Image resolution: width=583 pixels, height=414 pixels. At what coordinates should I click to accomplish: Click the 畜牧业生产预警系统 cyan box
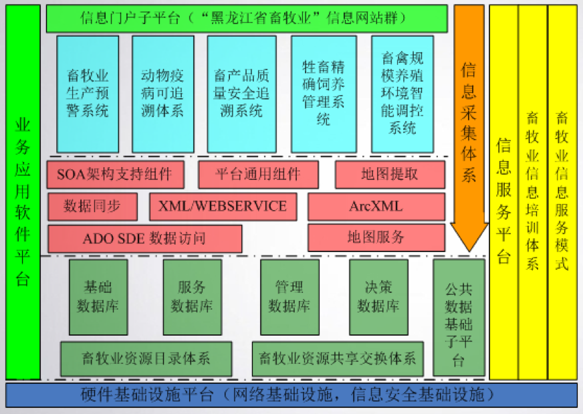[x=88, y=94]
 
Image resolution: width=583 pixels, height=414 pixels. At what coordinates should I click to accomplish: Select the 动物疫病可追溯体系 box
[x=162, y=94]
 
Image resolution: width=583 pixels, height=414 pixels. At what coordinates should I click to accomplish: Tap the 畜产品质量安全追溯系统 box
[x=241, y=94]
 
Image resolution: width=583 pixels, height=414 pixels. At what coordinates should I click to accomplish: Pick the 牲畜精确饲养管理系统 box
[x=324, y=94]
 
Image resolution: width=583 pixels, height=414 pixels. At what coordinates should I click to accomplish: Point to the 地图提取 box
[x=390, y=175]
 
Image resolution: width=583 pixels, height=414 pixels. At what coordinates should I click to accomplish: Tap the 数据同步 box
[x=92, y=207]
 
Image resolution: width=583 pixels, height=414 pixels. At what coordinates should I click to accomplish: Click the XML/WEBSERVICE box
[x=223, y=207]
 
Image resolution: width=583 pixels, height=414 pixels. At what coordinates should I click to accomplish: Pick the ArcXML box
[x=376, y=207]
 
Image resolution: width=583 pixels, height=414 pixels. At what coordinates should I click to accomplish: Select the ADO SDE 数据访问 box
[x=144, y=238]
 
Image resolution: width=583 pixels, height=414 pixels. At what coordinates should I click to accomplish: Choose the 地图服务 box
[x=376, y=237]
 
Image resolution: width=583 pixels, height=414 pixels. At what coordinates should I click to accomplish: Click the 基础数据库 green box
[x=98, y=297]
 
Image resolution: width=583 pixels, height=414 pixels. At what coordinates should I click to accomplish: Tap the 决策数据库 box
[x=378, y=297]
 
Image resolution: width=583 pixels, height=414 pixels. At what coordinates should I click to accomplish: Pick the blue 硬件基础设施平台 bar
[x=291, y=395]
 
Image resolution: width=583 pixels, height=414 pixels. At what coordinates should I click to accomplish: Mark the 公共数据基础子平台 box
[x=458, y=318]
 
